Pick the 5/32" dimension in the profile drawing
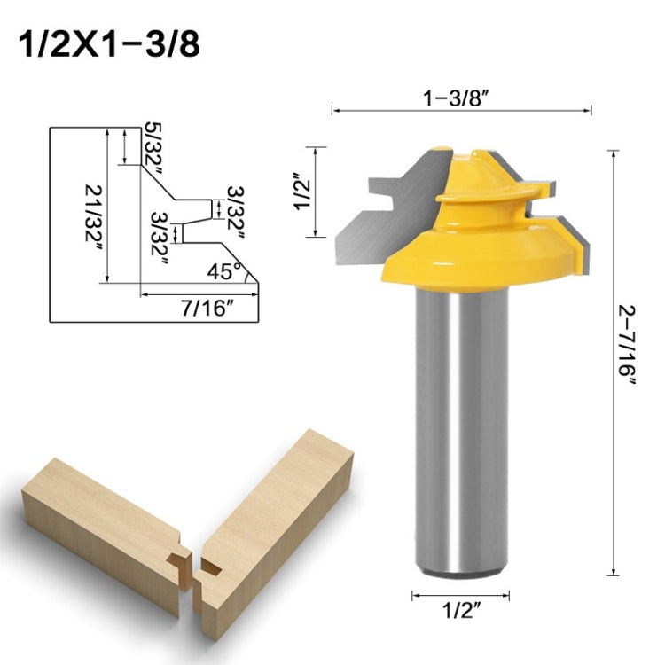[153, 147]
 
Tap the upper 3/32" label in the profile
[235, 209]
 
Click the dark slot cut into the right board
[212, 565]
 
